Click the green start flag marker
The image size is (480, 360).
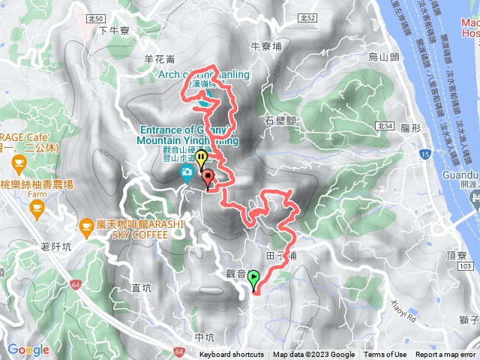[253, 279]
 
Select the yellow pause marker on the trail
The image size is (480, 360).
[201, 158]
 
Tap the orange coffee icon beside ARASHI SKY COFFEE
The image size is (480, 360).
[88, 225]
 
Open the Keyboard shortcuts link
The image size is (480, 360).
[232, 355]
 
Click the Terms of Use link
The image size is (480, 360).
[386, 355]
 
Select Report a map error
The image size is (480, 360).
[446, 355]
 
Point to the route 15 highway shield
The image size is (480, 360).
[424, 154]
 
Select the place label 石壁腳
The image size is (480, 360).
[279, 120]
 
